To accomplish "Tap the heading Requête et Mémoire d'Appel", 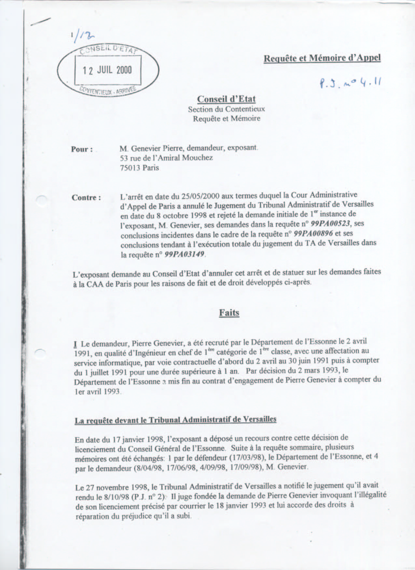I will (x=322, y=58).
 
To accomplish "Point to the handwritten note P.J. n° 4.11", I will (x=350, y=84).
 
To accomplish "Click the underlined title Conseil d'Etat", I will (x=227, y=99).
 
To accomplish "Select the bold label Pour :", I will (x=82, y=149).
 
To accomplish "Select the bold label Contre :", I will (x=86, y=198).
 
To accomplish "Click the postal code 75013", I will (x=130, y=168).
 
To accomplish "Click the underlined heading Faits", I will (x=229, y=313).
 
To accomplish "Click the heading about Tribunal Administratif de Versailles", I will (x=175, y=420).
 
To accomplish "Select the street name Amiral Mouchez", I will (x=190, y=158).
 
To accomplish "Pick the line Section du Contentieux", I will (x=227, y=109).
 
